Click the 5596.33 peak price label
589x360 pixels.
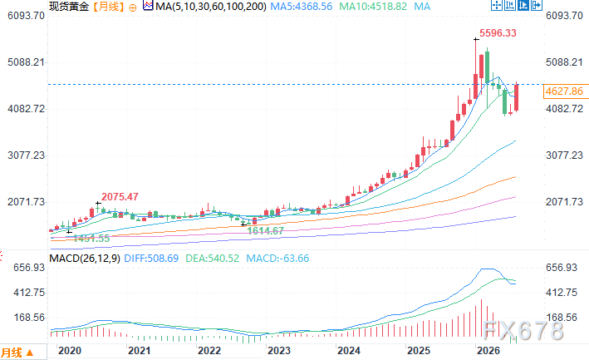click(498, 33)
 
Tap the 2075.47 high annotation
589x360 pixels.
click(120, 196)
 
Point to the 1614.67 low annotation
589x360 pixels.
click(265, 231)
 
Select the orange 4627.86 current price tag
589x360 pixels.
click(564, 91)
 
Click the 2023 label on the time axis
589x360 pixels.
click(279, 351)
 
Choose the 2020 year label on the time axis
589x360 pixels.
click(70, 351)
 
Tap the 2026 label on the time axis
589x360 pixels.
click(488, 351)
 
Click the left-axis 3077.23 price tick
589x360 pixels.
click(26, 155)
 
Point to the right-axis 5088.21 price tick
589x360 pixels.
click(564, 62)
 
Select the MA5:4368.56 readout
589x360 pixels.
click(302, 7)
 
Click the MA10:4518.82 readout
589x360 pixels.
click(373, 7)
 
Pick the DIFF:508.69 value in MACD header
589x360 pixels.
click(151, 259)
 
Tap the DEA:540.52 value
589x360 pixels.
click(212, 259)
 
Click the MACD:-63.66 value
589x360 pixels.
click(277, 259)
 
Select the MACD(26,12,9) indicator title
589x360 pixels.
click(85, 259)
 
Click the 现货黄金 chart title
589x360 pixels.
click(69, 7)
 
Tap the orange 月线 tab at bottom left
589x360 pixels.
click(17, 353)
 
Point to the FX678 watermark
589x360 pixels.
click(523, 330)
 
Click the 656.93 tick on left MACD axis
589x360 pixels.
click(29, 268)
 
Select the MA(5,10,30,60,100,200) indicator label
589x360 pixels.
click(211, 7)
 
